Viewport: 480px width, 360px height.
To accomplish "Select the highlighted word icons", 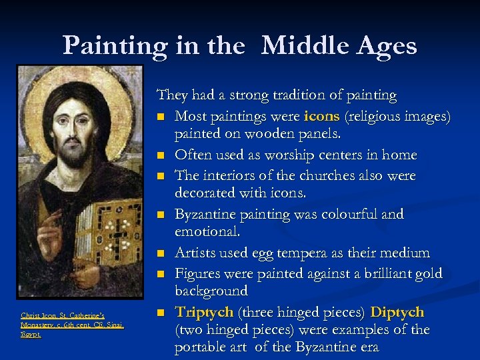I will pyautogui.click(x=322, y=117).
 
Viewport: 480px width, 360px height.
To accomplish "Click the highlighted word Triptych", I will pyautogui.click(x=204, y=312).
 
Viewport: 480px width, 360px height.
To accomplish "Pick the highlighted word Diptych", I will pyautogui.click(x=397, y=312).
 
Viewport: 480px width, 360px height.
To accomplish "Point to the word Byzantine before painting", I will pyautogui.click(x=207, y=215).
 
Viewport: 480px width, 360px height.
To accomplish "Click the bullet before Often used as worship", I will pyautogui.click(x=161, y=156).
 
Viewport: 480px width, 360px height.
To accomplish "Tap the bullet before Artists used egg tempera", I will pyautogui.click(x=161, y=254).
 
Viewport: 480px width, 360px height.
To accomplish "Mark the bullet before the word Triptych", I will pyautogui.click(x=161, y=313).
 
